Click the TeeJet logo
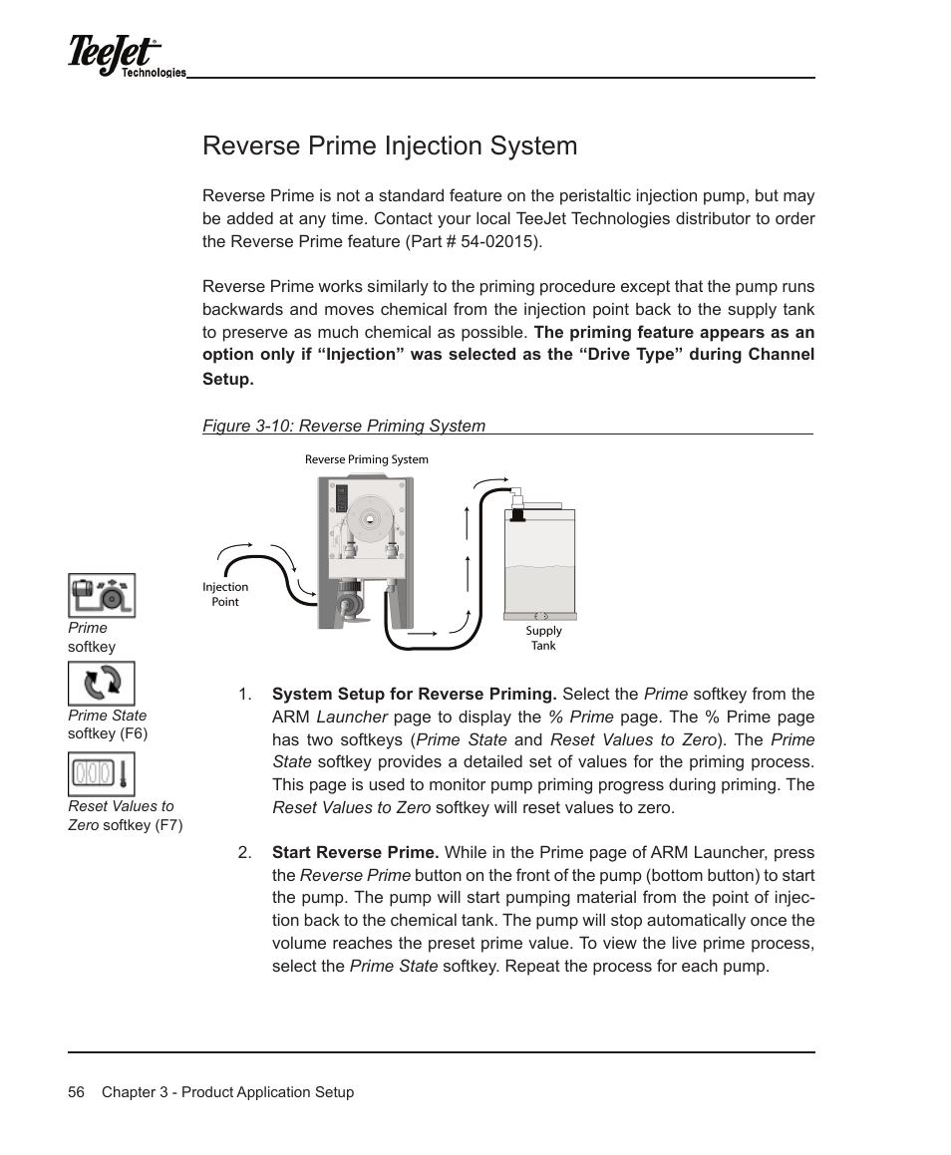(114, 56)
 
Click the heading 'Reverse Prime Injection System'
(390, 145)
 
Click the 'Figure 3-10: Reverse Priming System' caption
(344, 426)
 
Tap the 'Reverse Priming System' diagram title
(366, 459)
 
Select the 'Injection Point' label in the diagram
(225, 594)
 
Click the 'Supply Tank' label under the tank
(543, 638)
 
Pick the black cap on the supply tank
(518, 514)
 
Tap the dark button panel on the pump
(341, 498)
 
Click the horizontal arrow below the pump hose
(423, 633)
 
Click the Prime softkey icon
(102, 596)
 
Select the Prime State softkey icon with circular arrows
(102, 684)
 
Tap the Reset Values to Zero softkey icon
(102, 774)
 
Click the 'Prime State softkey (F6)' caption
(108, 724)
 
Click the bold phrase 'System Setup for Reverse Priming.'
(414, 694)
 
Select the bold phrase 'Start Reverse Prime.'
(355, 852)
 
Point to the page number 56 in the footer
(76, 1092)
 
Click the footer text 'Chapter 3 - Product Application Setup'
(227, 1092)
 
